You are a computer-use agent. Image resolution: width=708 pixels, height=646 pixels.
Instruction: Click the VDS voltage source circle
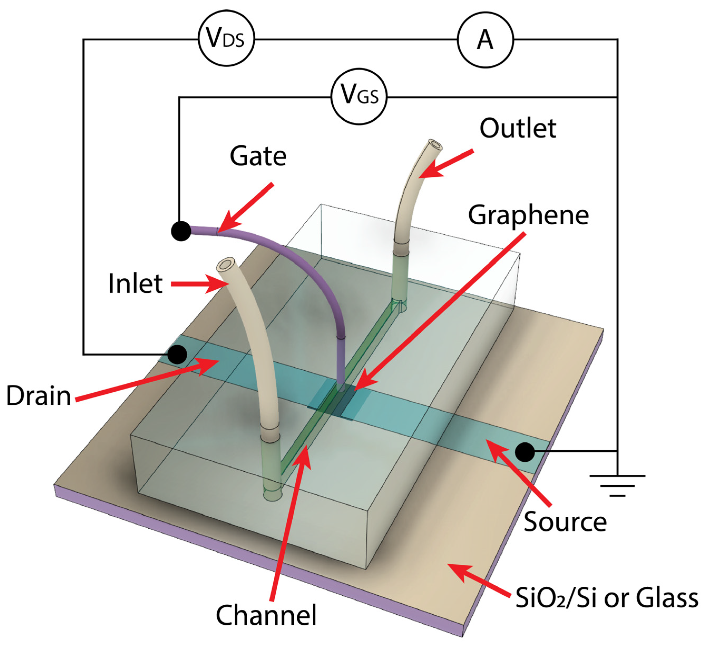(226, 39)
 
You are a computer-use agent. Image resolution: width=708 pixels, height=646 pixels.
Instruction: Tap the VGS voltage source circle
(359, 97)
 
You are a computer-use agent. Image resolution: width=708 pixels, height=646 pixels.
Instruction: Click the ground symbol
(617, 486)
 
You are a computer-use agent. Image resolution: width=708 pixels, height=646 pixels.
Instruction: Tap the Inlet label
(135, 284)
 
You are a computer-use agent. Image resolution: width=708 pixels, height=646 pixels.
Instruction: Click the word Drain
(39, 396)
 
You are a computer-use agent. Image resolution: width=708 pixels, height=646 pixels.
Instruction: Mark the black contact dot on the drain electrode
(177, 354)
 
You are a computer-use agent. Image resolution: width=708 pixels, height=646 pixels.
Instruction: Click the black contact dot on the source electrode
(525, 452)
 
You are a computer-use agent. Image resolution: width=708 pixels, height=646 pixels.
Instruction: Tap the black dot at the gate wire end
(181, 231)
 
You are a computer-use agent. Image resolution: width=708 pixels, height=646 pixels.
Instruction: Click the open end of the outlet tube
(435, 145)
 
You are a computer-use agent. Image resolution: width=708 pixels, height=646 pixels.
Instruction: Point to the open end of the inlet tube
(227, 264)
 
